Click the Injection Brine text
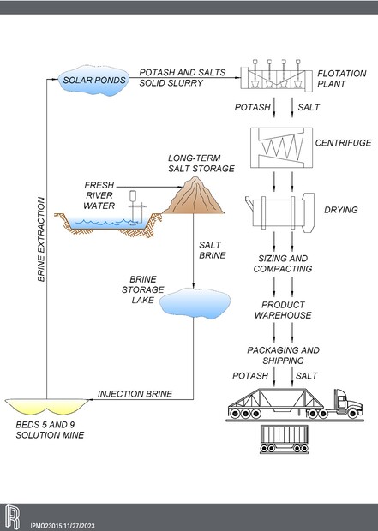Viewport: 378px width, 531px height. [x=135, y=394]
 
